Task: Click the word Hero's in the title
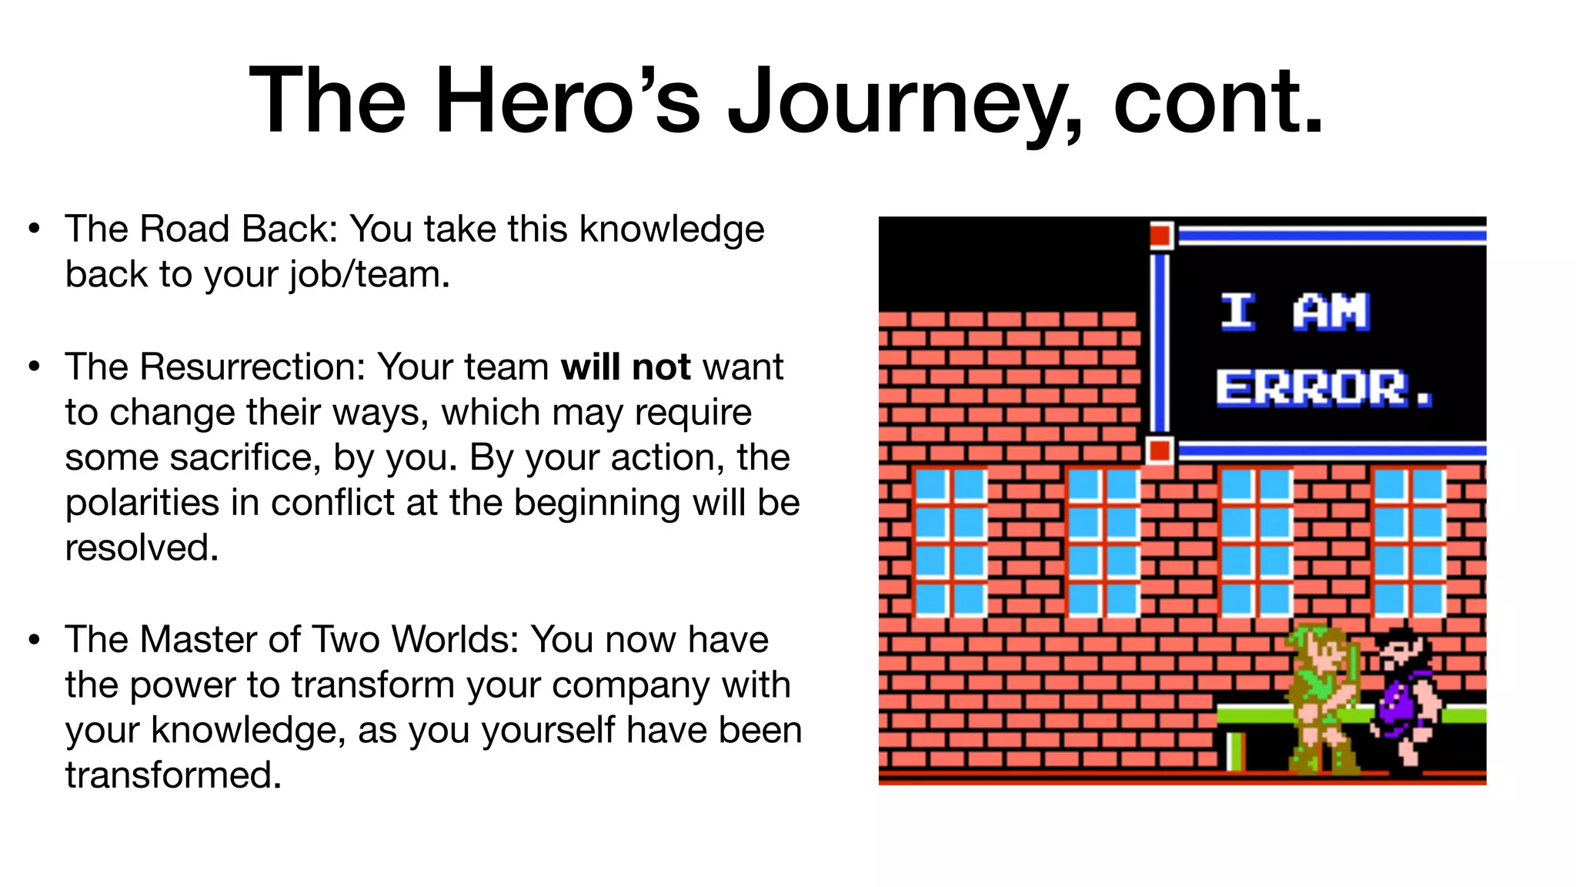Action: [568, 102]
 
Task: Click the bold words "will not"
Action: [626, 367]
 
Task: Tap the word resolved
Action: [142, 548]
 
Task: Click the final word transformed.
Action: [173, 775]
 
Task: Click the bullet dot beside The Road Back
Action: [34, 229]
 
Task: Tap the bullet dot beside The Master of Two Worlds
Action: [34, 639]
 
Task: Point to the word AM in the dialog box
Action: [1331, 311]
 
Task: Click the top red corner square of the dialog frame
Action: [1160, 235]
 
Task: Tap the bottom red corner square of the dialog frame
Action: [1159, 450]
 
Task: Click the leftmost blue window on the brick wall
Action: [950, 542]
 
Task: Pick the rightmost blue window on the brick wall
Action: [1409, 542]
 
